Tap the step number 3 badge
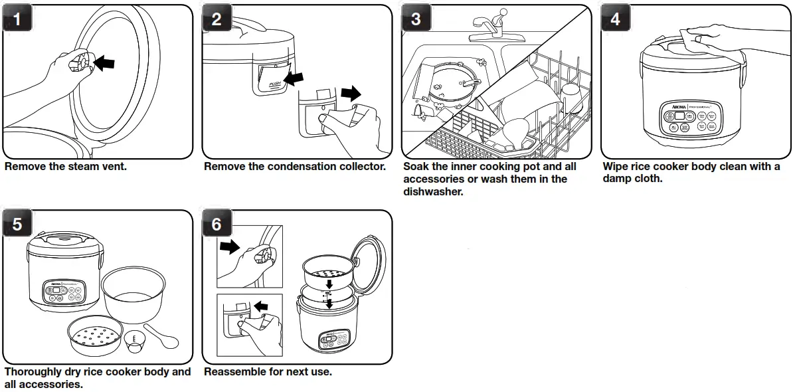[416, 19]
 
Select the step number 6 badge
[217, 225]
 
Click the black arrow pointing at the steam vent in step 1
[104, 62]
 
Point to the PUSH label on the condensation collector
[275, 84]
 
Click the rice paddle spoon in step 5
[161, 336]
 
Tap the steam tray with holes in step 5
[95, 338]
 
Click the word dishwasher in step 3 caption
[434, 192]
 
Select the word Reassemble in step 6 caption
[234, 372]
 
